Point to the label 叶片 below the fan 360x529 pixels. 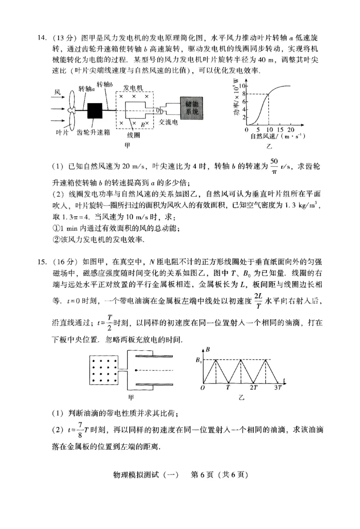point(62,132)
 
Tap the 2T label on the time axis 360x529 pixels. point(253,387)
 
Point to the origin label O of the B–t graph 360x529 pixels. point(203,387)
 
